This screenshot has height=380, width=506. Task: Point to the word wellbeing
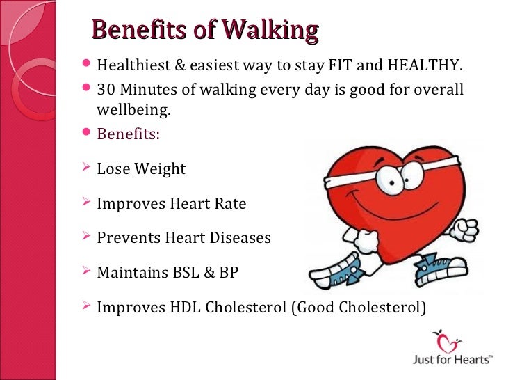[133, 111]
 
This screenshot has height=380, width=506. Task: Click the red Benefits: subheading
[128, 134]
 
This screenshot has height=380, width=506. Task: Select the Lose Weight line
[141, 169]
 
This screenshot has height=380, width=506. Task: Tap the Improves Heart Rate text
[171, 204]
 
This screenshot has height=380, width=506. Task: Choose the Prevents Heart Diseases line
[183, 238]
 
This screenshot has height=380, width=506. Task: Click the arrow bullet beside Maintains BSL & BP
[86, 273]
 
